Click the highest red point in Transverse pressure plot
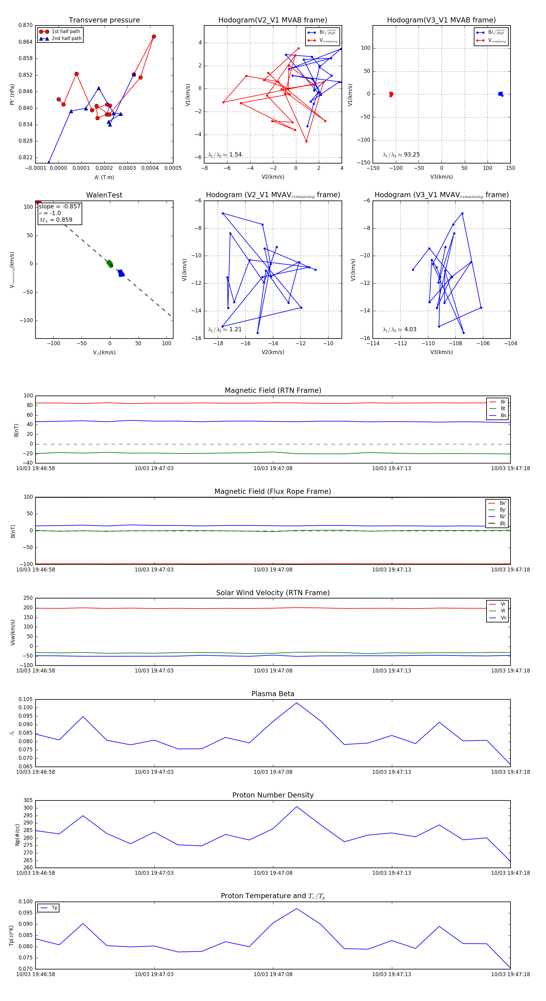coord(154,36)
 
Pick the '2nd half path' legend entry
coord(66,39)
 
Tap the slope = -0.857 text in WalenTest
coord(59,206)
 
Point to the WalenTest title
coord(104,195)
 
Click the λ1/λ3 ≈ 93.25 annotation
coord(401,155)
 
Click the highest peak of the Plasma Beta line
coord(297,703)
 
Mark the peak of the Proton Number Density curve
coord(297,806)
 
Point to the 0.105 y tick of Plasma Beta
coord(26,699)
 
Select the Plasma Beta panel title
coord(273,694)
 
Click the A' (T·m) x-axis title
coord(104,177)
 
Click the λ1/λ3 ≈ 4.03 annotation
coord(399,329)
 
